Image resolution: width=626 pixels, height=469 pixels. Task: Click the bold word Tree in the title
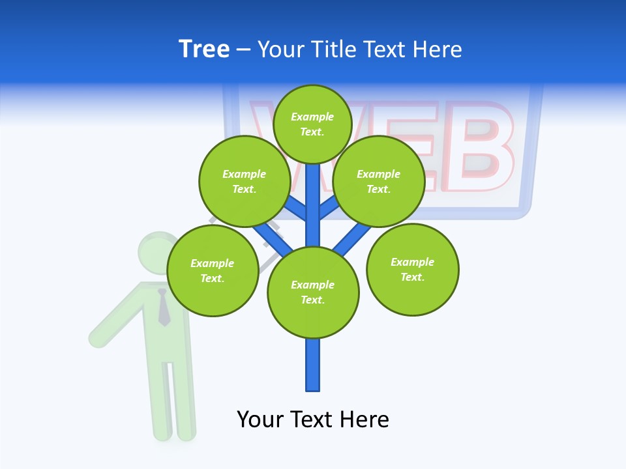[x=204, y=49]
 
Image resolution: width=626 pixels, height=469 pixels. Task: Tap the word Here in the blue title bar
[x=436, y=49]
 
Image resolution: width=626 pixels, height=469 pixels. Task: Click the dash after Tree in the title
[x=243, y=50]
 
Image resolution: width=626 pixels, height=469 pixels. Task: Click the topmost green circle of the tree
[x=312, y=124]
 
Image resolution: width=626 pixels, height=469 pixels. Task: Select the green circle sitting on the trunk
[x=313, y=292]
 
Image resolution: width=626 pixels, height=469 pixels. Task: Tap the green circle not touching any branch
[x=412, y=269]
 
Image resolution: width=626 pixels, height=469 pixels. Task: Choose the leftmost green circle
[x=213, y=270]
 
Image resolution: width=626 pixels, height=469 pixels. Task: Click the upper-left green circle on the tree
[x=244, y=181]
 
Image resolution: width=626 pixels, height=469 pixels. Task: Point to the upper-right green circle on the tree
[x=378, y=181]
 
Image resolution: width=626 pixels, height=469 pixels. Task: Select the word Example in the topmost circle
[x=312, y=117]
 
